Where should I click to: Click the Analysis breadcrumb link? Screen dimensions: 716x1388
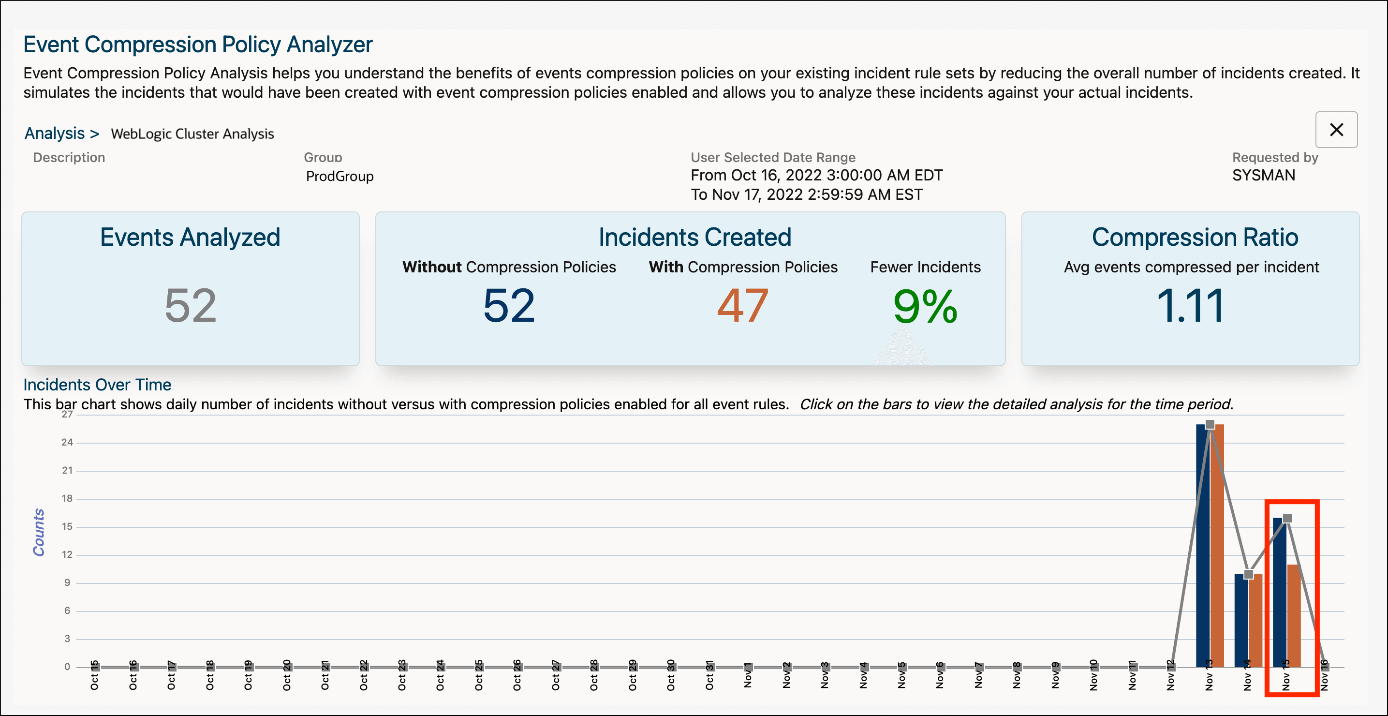point(55,133)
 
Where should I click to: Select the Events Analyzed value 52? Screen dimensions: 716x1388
point(190,306)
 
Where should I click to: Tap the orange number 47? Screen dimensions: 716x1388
point(742,306)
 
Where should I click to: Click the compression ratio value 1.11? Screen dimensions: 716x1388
point(1190,306)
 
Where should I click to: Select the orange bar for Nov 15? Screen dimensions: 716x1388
point(1294,614)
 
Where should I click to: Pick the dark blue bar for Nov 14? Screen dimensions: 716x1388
point(1241,620)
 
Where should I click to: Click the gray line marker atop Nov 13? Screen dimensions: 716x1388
point(1210,425)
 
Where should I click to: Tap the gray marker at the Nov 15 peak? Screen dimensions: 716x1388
point(1287,518)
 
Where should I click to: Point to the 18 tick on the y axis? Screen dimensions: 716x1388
point(67,498)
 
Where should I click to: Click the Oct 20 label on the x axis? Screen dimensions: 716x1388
point(287,675)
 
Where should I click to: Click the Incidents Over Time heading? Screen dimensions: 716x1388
point(97,385)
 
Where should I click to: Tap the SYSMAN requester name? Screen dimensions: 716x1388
point(1263,175)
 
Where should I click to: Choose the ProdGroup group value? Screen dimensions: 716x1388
point(340,176)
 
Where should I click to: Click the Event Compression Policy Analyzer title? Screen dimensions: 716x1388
point(198,44)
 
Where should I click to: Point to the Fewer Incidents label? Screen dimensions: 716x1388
point(925,267)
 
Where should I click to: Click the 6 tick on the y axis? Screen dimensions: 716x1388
point(67,611)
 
